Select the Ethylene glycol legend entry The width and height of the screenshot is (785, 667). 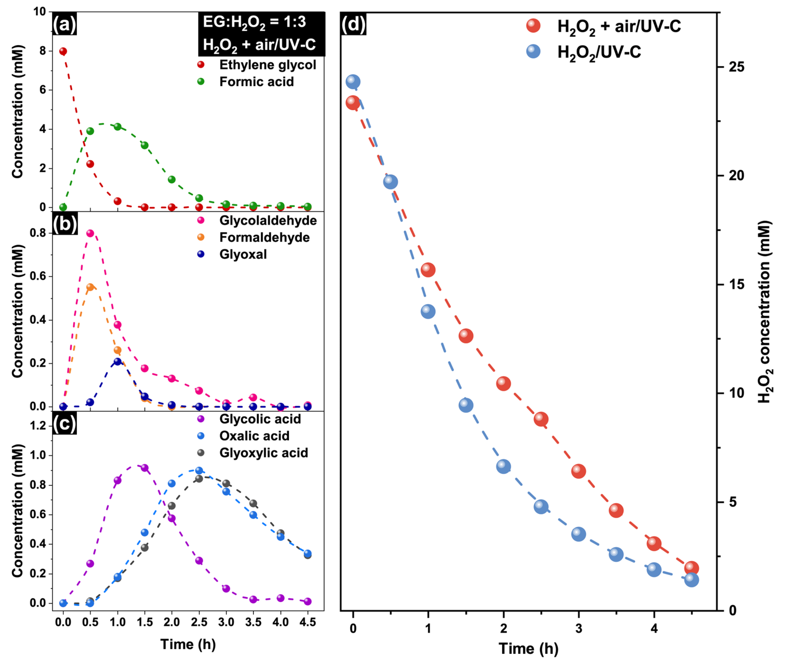pos(267,65)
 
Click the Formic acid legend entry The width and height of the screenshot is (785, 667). pos(256,82)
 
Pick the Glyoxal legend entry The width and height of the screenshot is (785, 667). pos(243,254)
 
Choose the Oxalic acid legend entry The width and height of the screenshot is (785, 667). pos(254,436)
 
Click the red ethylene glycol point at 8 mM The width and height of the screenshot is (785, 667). pos(63,51)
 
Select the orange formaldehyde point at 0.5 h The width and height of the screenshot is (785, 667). pos(90,287)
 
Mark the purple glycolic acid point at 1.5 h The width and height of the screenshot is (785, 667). pos(144,468)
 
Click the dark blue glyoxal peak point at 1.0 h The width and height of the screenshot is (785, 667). pos(118,362)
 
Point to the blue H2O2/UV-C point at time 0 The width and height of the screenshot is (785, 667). pos(353,81)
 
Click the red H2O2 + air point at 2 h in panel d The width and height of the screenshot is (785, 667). pos(503,383)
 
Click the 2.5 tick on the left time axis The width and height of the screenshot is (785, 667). pos(199,622)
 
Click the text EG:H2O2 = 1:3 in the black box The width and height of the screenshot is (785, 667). pos(254,22)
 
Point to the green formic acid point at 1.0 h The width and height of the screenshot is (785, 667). pos(118,127)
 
